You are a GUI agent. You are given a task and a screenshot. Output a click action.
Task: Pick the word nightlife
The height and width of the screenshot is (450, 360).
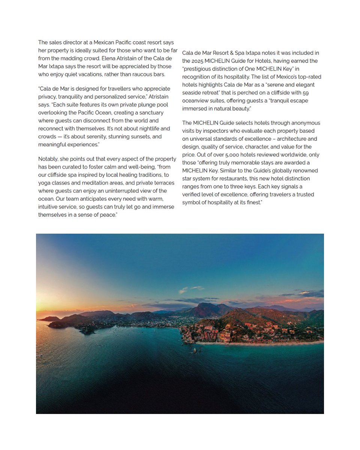pyautogui.click(x=138, y=129)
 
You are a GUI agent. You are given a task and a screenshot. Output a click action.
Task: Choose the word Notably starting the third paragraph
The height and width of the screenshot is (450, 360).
pyautogui.click(x=48, y=159)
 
